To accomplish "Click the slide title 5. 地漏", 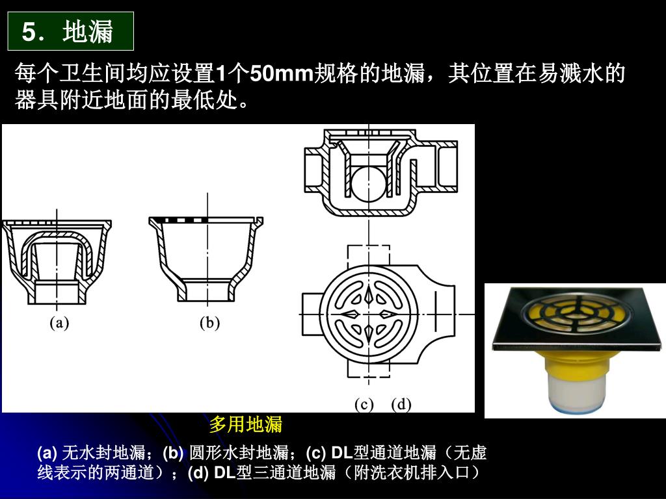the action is (67, 32).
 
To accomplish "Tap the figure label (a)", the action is (59, 323).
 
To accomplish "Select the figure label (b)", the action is (209, 323).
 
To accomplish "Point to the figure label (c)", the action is (364, 404).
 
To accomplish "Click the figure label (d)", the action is (401, 404).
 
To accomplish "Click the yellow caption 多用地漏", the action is (245, 424).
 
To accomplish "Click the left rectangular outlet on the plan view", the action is (312, 314).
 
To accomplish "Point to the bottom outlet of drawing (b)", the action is (207, 292).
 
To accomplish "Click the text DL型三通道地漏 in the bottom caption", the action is (275, 472).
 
